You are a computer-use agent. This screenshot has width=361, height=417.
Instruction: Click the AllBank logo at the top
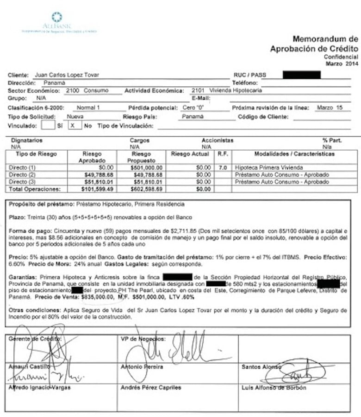pos(57,22)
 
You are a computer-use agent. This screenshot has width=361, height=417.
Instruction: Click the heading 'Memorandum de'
pos(325,39)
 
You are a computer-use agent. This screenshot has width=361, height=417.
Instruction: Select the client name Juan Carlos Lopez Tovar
pos(67,75)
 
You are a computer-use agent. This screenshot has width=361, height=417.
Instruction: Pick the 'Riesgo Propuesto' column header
pos(141,157)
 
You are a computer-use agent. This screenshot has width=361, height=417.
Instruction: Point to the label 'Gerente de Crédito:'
pos(35,339)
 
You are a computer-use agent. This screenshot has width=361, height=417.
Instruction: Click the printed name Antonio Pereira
pos(142,367)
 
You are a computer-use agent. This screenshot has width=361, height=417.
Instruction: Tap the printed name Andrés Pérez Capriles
pos(150,388)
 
